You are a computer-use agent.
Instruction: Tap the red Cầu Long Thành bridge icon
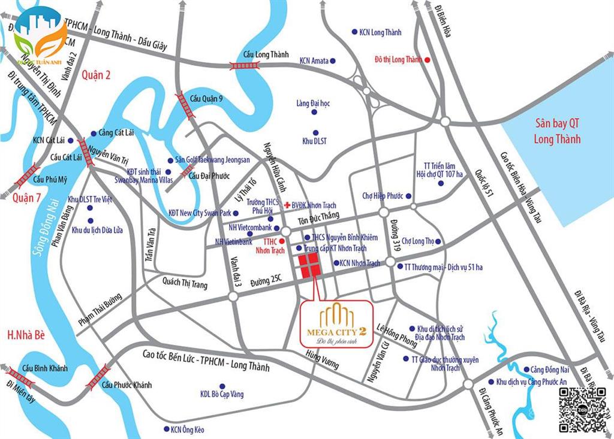point(245,65)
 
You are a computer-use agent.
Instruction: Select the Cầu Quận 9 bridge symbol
point(184,105)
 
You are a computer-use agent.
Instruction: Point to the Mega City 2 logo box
point(336,322)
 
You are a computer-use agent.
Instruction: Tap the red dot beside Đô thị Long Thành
point(428,60)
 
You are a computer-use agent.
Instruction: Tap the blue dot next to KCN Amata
point(333,60)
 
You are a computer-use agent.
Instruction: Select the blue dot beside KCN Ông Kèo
point(165,429)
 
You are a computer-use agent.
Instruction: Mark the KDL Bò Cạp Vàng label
point(222,394)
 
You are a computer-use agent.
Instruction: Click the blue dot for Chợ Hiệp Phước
point(409,196)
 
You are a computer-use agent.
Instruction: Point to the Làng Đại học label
point(313,104)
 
